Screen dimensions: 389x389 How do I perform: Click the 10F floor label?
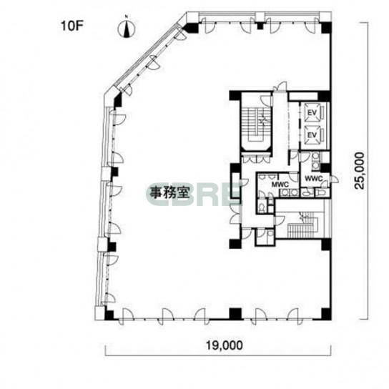(72, 26)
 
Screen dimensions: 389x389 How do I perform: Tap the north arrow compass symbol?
(127, 28)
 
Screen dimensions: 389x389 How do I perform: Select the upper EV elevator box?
(312, 113)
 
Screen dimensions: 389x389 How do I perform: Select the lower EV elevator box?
(312, 135)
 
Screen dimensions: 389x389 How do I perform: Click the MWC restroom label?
(280, 184)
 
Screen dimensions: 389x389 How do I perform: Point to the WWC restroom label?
(314, 178)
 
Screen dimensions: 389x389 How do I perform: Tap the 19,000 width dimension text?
(225, 345)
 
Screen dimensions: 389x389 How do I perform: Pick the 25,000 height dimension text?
(359, 171)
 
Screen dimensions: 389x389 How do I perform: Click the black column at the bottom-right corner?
(326, 314)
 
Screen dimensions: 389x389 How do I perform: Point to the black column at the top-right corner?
(326, 28)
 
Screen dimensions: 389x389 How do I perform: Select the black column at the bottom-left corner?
(109, 314)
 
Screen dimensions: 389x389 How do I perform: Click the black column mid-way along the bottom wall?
(235, 313)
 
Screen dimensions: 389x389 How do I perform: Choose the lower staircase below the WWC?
(302, 225)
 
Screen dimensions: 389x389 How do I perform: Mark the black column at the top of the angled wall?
(191, 28)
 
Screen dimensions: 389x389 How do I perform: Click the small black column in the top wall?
(260, 26)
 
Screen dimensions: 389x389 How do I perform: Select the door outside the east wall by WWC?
(334, 179)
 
